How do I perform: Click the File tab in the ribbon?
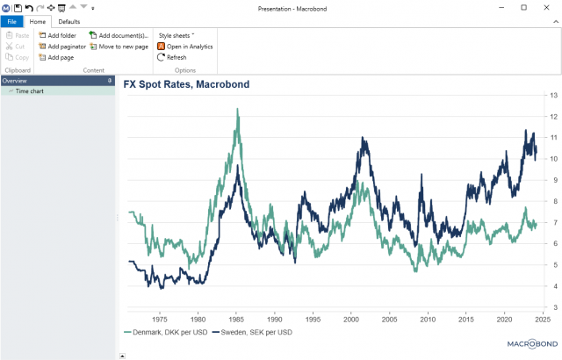[x=12, y=21]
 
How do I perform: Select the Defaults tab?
[x=69, y=21]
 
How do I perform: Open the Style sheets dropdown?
[x=176, y=35]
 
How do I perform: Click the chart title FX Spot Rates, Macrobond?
[x=186, y=84]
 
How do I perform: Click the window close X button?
[x=548, y=7]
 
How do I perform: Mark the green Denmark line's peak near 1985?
[x=237, y=109]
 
